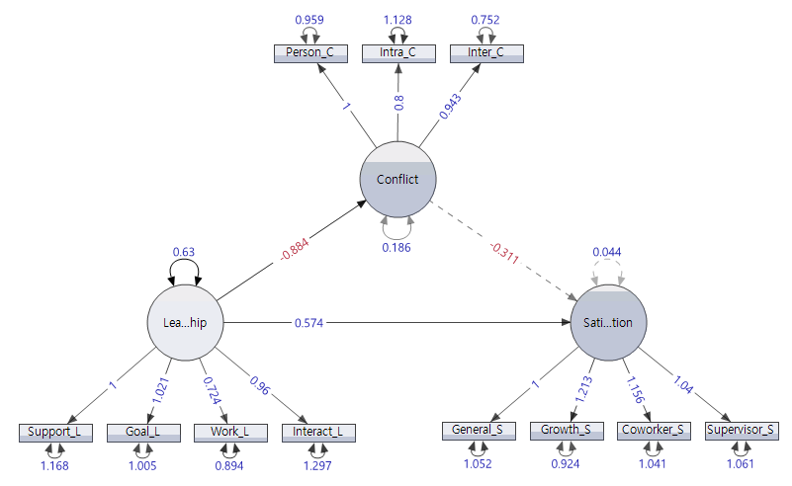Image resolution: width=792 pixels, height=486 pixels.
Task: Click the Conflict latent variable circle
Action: click(x=396, y=179)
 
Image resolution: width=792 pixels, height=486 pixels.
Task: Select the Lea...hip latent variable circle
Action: click(x=184, y=322)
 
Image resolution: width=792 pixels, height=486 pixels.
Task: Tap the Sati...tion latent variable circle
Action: click(x=608, y=323)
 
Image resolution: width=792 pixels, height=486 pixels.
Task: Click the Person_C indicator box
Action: click(x=309, y=52)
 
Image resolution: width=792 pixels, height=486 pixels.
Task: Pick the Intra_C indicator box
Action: click(x=396, y=52)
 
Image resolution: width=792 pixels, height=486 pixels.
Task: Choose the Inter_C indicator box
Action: click(x=485, y=52)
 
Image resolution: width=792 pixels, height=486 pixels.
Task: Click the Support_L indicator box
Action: click(x=55, y=432)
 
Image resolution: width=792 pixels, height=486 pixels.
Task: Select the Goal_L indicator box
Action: click(x=142, y=432)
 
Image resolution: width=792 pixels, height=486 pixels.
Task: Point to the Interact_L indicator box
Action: click(x=317, y=432)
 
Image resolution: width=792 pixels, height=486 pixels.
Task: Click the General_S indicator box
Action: click(x=478, y=430)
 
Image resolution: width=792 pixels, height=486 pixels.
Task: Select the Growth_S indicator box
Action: click(x=566, y=430)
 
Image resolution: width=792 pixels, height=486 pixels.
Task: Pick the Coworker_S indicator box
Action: click(x=653, y=430)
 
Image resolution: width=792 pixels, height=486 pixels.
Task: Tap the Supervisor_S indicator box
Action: click(x=741, y=430)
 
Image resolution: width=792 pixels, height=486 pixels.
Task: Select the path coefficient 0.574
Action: click(x=310, y=322)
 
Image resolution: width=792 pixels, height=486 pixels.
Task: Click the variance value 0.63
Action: click(x=183, y=251)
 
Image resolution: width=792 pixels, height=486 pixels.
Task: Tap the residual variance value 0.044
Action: click(x=607, y=252)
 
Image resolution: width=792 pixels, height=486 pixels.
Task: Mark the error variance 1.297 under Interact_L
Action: click(x=317, y=465)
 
